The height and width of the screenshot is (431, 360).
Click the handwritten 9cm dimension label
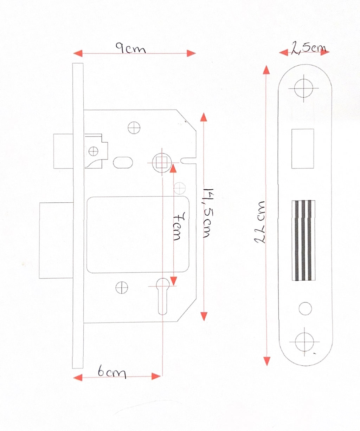click(x=131, y=48)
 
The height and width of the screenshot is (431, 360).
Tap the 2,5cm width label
click(x=309, y=48)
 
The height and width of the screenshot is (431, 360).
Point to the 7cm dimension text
click(x=179, y=226)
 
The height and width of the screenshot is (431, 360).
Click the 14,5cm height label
click(x=208, y=213)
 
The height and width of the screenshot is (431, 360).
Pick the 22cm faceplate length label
click(x=259, y=222)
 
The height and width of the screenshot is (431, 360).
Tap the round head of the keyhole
click(x=163, y=284)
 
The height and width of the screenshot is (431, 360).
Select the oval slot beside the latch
click(x=123, y=162)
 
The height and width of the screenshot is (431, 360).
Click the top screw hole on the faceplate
click(x=304, y=88)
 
